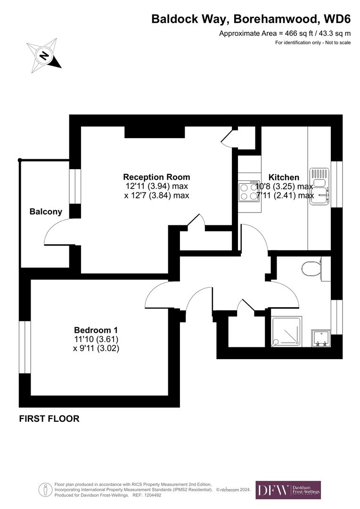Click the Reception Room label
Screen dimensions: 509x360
(x=156, y=177)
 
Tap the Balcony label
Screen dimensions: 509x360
(x=46, y=212)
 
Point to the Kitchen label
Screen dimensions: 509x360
(x=284, y=177)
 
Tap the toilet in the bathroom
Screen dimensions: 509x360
(x=311, y=269)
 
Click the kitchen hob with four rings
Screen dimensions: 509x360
(x=249, y=191)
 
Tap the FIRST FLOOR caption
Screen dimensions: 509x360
(x=49, y=419)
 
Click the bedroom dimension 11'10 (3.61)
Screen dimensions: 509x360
(x=96, y=339)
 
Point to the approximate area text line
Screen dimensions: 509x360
(x=285, y=33)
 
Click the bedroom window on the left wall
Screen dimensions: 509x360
(x=25, y=346)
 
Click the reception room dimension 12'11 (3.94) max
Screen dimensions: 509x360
(x=156, y=186)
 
